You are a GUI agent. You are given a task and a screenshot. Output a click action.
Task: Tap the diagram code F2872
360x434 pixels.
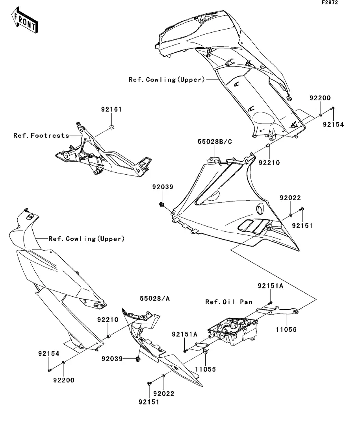pos(330,2)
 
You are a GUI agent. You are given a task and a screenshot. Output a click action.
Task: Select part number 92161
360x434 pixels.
pos(111,109)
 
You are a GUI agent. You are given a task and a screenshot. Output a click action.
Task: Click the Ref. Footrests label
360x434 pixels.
pos(41,135)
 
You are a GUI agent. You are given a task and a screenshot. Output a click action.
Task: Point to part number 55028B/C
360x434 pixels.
pos(215,142)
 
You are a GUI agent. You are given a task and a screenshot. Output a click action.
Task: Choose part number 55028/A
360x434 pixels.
pos(155,298)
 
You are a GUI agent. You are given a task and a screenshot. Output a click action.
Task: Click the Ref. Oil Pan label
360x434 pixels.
pos(229,302)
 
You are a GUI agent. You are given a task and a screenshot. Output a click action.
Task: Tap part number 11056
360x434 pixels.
pos(286,329)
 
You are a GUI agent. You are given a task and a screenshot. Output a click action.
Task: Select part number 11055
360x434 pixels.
pos(205,369)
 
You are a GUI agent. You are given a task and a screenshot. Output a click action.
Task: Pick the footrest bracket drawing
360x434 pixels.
pos(103,150)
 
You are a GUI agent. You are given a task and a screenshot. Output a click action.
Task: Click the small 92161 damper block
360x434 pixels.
pos(112,127)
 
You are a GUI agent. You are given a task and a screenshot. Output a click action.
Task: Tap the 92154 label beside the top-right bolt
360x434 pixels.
pos(333,125)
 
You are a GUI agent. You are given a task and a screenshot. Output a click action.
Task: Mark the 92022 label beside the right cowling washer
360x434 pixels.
pos(290,198)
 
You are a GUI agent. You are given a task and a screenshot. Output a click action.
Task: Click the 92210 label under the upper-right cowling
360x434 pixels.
pos(269,163)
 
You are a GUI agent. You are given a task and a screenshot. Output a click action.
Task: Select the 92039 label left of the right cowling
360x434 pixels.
pos(163,187)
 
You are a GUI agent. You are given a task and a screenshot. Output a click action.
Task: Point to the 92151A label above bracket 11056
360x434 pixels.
pos(271,286)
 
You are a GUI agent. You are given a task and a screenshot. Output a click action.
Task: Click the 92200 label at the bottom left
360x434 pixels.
pos(64,380)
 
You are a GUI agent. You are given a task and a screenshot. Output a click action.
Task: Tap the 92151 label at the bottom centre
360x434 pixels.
pos(149,402)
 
